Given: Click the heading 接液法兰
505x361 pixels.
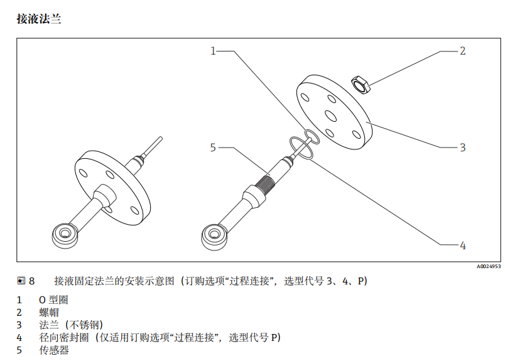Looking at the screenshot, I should click(x=39, y=19).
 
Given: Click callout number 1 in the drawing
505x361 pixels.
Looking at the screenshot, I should click(x=213, y=51).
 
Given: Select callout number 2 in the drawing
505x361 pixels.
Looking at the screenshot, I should click(x=462, y=51).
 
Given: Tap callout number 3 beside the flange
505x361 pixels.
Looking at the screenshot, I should click(x=462, y=148).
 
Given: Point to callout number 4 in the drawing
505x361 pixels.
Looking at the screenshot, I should click(x=462, y=245).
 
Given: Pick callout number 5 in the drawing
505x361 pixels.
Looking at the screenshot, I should click(x=213, y=148).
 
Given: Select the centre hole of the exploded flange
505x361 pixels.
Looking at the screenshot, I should click(x=328, y=114).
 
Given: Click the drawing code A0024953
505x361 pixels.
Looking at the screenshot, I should click(x=487, y=267).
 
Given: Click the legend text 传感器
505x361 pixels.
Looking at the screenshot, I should click(x=54, y=350).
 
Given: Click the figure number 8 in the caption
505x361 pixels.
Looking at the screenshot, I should click(x=31, y=281).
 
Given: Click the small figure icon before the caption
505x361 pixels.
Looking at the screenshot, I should click(x=21, y=281).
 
